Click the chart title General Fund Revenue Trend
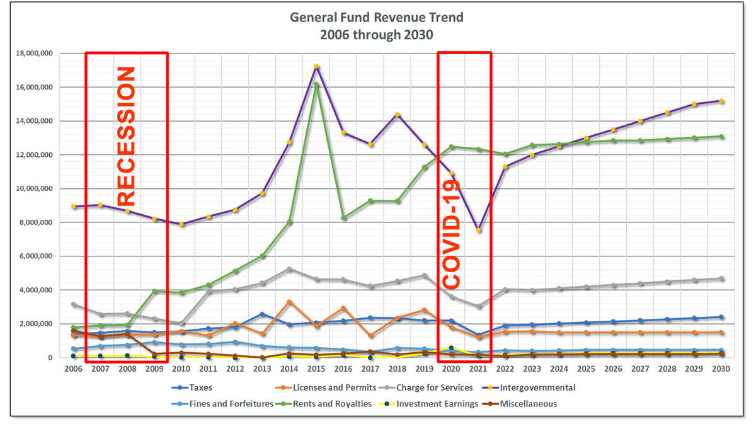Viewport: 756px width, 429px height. [x=376, y=18]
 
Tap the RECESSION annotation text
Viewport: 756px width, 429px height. [x=127, y=136]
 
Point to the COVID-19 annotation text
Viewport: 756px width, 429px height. [x=451, y=233]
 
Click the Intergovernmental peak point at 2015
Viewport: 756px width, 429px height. [x=317, y=66]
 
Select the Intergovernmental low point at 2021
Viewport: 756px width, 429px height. [x=479, y=230]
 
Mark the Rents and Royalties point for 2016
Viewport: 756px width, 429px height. [x=344, y=218]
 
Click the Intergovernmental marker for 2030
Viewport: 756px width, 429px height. [x=721, y=101]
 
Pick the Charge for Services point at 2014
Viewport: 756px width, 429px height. [x=290, y=269]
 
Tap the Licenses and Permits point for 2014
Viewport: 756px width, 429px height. [x=290, y=302]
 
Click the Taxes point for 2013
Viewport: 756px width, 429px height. [x=263, y=314]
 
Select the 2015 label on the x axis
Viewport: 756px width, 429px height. [x=317, y=369]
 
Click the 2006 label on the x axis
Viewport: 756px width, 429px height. [x=74, y=369]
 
